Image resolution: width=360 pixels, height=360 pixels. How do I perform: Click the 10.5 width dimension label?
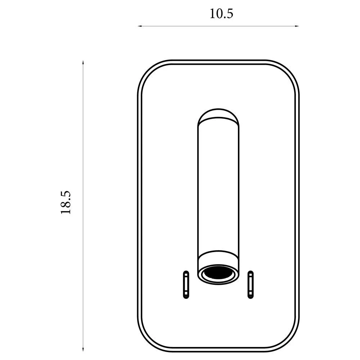221,14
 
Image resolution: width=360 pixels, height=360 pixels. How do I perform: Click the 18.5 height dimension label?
66,202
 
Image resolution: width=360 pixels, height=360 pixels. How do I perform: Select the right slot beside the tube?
251,284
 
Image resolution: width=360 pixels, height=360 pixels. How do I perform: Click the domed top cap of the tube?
218,114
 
